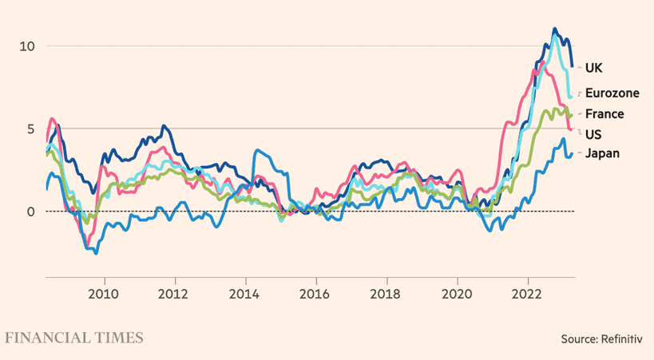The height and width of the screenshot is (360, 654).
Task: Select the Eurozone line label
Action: click(x=612, y=93)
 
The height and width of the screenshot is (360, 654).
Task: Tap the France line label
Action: click(x=604, y=114)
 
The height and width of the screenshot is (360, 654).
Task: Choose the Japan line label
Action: click(x=602, y=153)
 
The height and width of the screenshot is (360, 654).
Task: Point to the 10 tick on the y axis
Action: click(x=28, y=46)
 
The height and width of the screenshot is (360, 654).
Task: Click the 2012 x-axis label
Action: click(x=175, y=293)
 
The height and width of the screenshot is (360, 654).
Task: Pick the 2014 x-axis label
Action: click(x=245, y=293)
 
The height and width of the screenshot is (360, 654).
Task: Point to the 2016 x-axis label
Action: click(x=316, y=293)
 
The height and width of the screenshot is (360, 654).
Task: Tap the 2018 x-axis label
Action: click(x=386, y=293)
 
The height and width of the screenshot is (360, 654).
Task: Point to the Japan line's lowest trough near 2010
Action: click(x=96, y=252)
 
